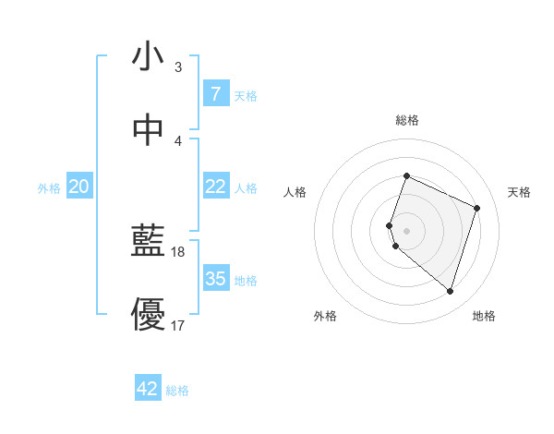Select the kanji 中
[x=148, y=130]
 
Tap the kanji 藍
[x=148, y=242]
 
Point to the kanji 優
[x=148, y=315]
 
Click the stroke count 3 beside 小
[x=177, y=67]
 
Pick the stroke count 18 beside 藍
[x=179, y=252]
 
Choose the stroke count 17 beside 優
[x=179, y=325]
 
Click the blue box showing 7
[x=215, y=94]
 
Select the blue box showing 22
[x=215, y=187]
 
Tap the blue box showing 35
[x=215, y=279]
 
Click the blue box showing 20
[x=78, y=187]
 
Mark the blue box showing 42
[x=148, y=389]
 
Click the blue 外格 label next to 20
[x=49, y=187]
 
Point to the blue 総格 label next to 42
[x=177, y=391]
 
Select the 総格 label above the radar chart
[x=406, y=121]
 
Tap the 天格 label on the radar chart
[x=519, y=192]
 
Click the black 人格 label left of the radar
[x=295, y=192]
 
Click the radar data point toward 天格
[x=477, y=208]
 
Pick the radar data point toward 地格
[x=450, y=291]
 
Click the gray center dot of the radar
[x=406, y=231]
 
